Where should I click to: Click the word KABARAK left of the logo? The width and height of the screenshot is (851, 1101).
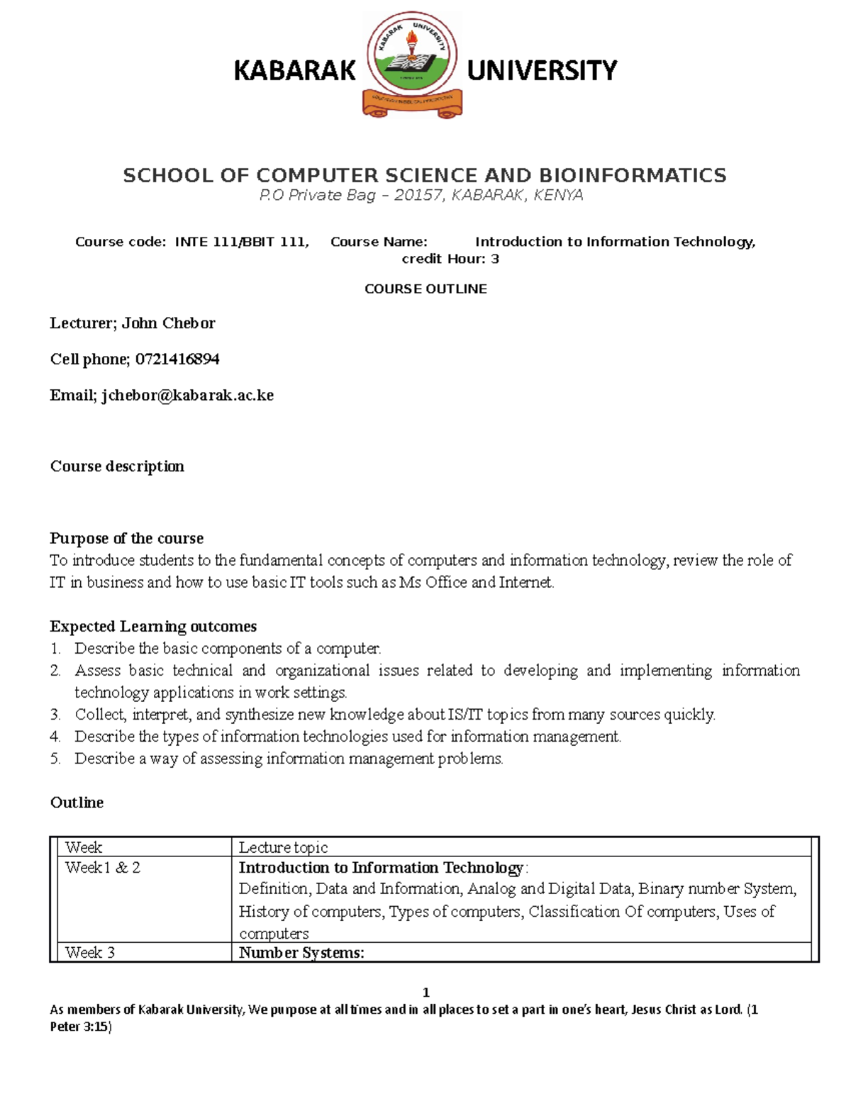294,71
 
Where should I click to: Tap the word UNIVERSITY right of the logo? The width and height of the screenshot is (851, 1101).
542,71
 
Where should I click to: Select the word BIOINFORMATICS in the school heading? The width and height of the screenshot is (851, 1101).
633,175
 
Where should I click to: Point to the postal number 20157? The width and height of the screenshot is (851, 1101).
418,195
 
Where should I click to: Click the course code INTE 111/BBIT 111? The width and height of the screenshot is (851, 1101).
241,242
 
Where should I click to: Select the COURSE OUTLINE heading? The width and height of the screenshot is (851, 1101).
425,289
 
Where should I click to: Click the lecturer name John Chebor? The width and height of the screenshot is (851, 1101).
168,323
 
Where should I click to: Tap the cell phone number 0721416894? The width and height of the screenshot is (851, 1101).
177,359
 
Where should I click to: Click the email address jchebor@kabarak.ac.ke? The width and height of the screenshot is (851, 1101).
187,396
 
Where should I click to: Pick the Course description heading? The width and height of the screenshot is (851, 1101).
117,466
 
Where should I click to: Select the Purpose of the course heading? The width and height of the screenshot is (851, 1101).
126,538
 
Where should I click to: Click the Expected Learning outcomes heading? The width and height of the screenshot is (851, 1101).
153,626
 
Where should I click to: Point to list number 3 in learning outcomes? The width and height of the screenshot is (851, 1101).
55,715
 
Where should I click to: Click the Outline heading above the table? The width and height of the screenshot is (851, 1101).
77,803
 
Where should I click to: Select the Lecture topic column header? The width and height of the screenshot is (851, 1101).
283,847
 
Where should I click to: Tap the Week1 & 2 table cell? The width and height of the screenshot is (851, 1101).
103,868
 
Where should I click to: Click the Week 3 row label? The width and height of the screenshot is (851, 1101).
90,952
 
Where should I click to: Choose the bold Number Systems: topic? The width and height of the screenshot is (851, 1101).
301,953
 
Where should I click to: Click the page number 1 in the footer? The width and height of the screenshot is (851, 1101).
425,992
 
